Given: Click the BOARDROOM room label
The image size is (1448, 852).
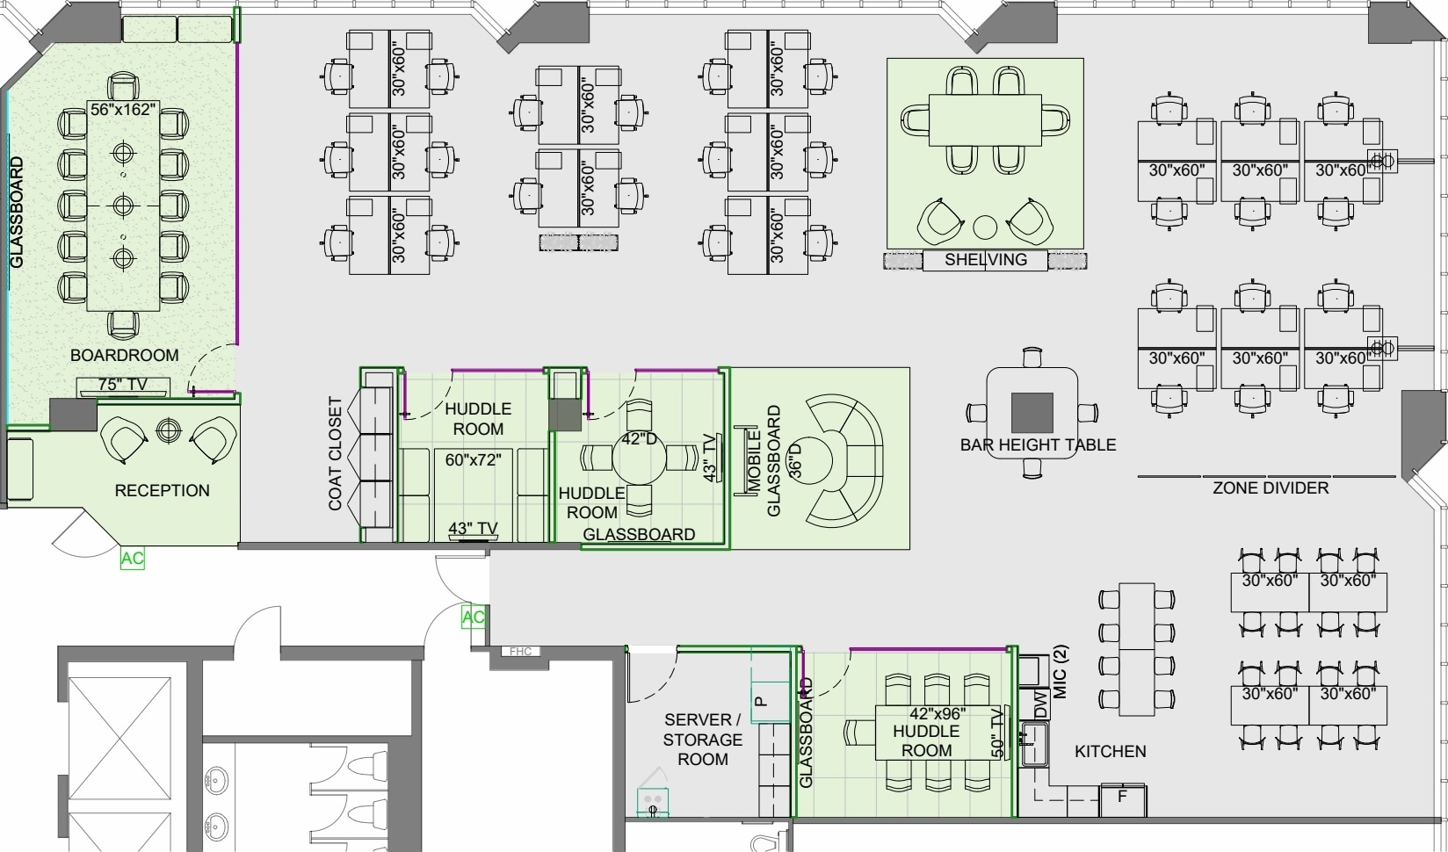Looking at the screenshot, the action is click(124, 356).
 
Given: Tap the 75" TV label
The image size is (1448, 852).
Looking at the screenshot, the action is click(123, 385).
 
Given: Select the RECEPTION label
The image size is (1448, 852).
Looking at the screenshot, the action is click(163, 491).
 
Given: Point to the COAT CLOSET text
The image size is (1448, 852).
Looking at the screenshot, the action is click(335, 454).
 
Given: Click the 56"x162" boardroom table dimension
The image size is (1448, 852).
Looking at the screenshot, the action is click(123, 110).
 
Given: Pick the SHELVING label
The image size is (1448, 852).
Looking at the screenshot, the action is click(986, 260).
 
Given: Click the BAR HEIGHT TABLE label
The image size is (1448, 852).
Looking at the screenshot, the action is click(1039, 445).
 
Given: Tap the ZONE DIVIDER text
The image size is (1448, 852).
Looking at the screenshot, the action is click(1271, 488).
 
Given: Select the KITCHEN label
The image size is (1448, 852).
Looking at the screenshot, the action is click(1111, 752).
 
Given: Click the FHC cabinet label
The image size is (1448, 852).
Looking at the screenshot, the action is click(520, 652).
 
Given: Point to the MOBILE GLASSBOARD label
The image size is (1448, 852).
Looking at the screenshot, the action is click(764, 461).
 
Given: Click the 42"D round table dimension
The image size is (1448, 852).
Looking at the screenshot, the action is click(640, 439).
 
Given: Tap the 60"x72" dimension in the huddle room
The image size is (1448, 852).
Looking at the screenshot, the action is click(474, 460).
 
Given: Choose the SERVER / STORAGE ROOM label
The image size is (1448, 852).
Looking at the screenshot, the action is click(703, 740).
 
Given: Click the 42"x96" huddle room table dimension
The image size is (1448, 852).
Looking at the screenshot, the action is click(938, 714).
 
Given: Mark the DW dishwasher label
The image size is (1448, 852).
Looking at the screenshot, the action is click(1040, 704).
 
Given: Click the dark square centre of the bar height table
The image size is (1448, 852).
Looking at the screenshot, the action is click(1032, 413).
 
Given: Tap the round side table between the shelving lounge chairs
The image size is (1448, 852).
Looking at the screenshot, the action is click(985, 227).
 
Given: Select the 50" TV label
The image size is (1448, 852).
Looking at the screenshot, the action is click(997, 733).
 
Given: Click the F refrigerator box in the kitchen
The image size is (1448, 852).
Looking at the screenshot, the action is click(1123, 800).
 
